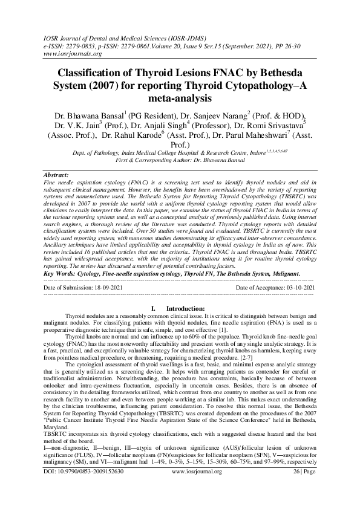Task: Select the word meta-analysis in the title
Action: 180,97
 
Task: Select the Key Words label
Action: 62,274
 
